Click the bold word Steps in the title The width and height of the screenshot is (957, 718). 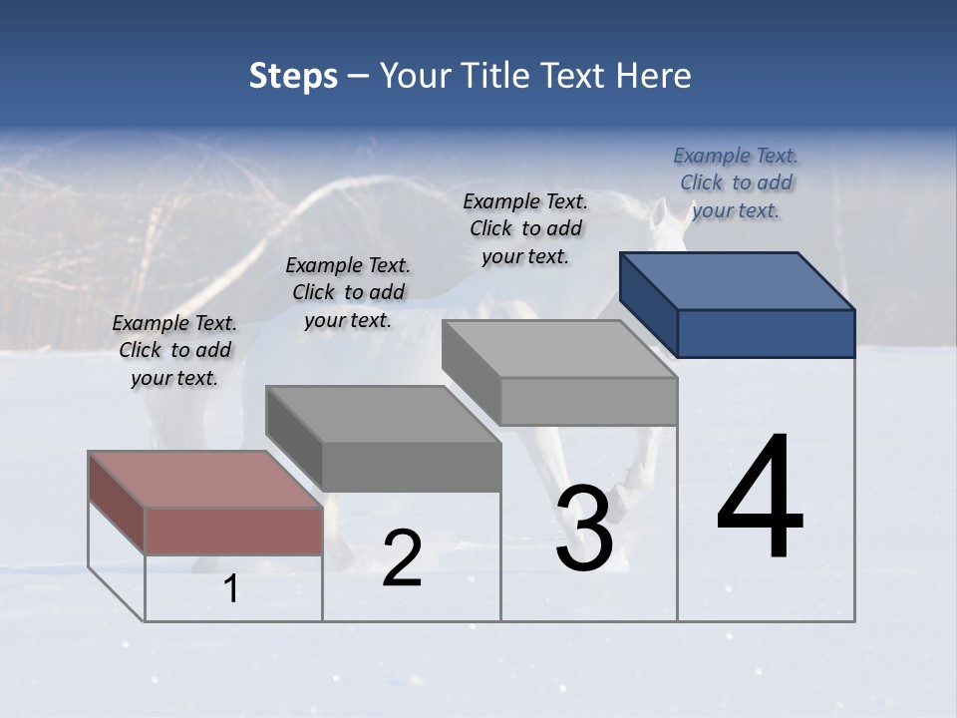(293, 76)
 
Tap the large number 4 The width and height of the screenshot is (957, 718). (760, 499)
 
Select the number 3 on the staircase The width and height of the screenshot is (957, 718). (584, 528)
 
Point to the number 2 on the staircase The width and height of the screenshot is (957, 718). (402, 558)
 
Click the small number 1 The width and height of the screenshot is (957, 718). (230, 589)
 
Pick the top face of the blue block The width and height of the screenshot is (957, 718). (736, 280)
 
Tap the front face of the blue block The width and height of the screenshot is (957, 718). (766, 333)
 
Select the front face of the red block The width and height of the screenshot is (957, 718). (233, 531)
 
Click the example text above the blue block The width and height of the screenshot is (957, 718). (736, 183)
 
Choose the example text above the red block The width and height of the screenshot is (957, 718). (174, 351)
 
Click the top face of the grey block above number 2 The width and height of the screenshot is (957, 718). (382, 414)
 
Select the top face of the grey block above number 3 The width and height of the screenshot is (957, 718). (559, 348)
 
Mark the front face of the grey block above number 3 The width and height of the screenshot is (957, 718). (588, 401)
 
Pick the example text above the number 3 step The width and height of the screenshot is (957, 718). (525, 229)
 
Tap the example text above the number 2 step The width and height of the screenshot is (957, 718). (348, 293)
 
